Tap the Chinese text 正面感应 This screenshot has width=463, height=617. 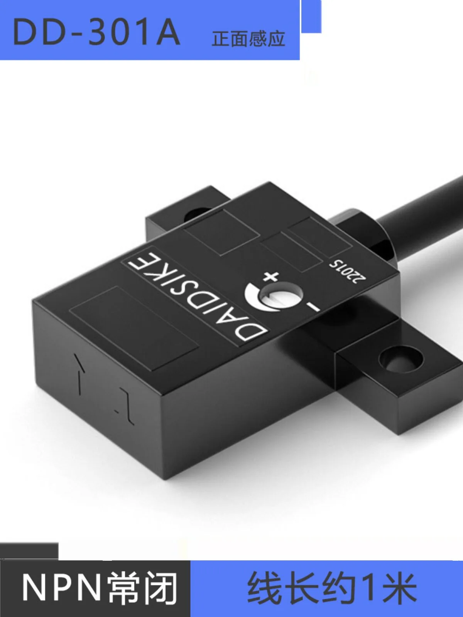pyautogui.click(x=248, y=39)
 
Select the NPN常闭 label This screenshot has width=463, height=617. pyautogui.click(x=100, y=587)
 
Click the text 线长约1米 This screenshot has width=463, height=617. pyautogui.click(x=332, y=587)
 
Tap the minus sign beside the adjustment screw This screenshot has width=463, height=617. pyautogui.click(x=313, y=307)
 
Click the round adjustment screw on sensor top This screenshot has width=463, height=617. pyautogui.click(x=281, y=298)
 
